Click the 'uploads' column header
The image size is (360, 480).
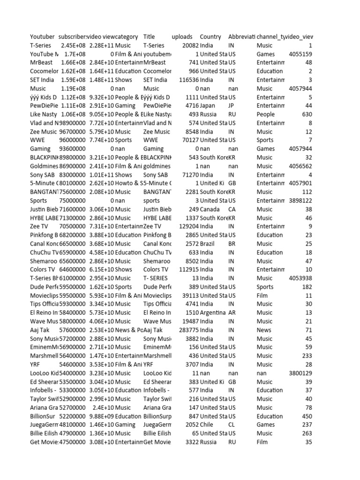182,37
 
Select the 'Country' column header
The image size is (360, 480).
210,37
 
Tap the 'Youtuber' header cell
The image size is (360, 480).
42,37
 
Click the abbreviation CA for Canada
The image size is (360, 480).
232,209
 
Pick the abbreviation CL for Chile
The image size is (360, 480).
232,425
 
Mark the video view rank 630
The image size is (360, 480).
307,114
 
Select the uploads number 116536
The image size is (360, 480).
187,80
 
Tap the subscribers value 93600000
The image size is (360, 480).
72,149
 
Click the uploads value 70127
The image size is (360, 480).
189,140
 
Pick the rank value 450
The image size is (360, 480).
307,416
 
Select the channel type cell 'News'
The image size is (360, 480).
264,330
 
